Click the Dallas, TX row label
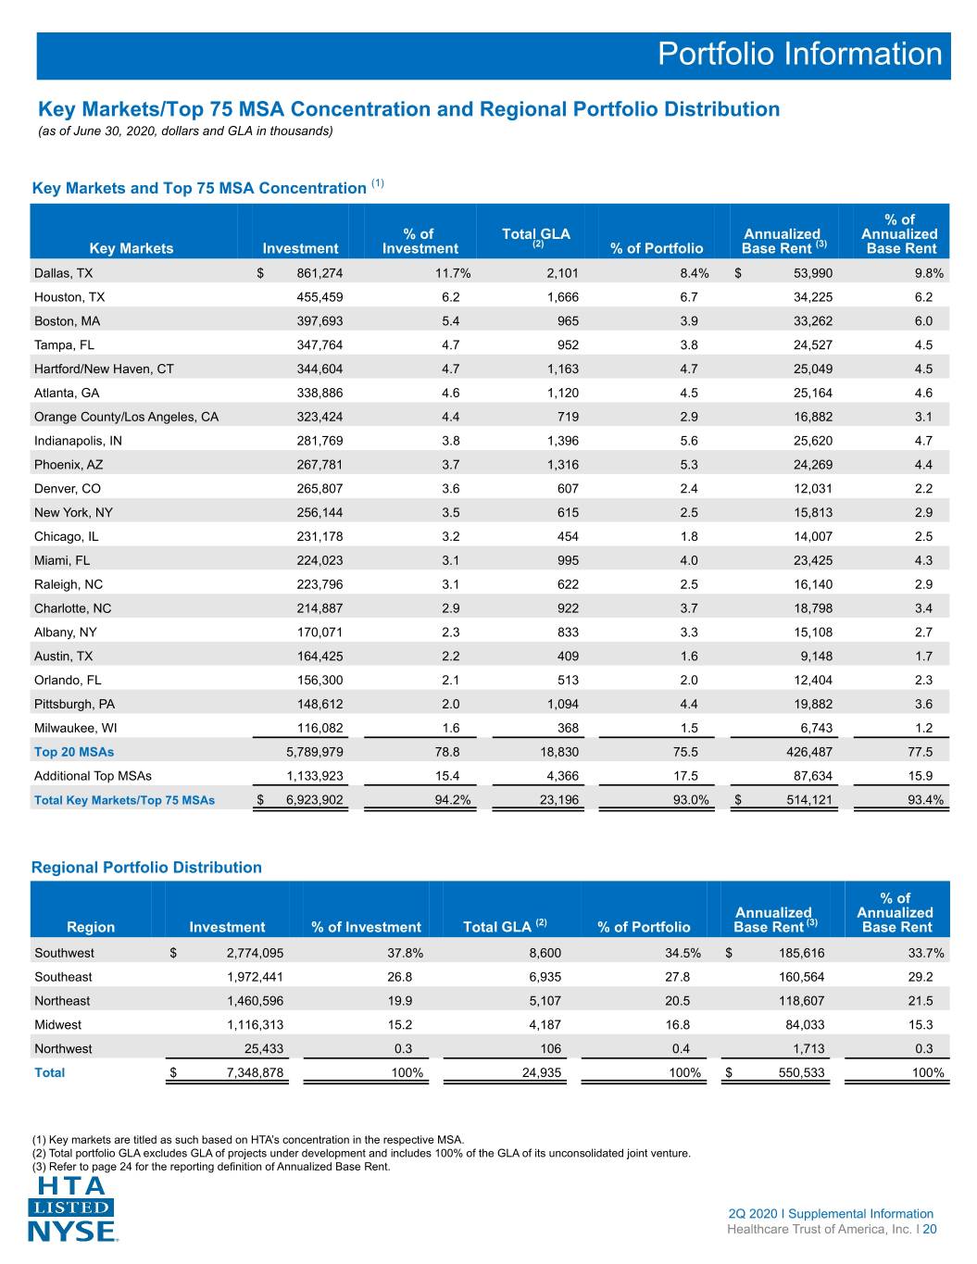(x=63, y=273)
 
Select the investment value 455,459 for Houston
(x=319, y=297)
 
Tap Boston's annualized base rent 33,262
(x=813, y=321)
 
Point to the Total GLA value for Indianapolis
(x=563, y=441)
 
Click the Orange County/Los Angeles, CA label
(x=126, y=417)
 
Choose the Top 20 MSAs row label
(x=74, y=752)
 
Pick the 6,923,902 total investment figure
(x=314, y=800)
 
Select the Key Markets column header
(x=132, y=248)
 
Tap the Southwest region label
(x=64, y=953)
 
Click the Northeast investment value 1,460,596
(x=256, y=1000)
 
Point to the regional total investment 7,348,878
(x=256, y=1072)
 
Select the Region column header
(x=91, y=927)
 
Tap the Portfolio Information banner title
(x=799, y=54)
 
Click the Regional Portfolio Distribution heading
(x=146, y=868)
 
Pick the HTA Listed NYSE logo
(x=71, y=1208)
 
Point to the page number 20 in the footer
(x=930, y=1229)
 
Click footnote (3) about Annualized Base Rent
(x=211, y=1167)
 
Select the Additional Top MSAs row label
(x=93, y=775)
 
